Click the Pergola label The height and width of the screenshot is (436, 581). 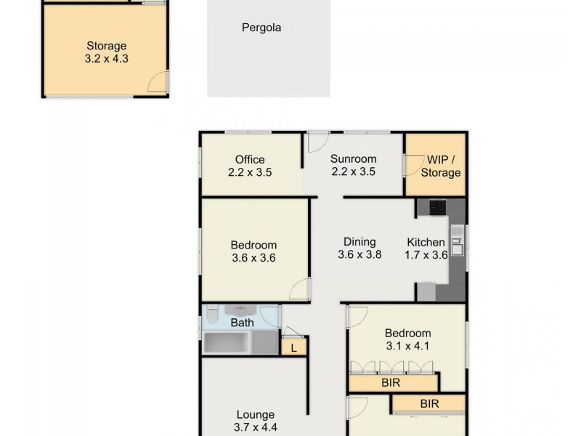coord(261,28)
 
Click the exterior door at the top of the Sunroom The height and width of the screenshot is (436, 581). coord(318,141)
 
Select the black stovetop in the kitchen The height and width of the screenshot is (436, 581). coord(438,208)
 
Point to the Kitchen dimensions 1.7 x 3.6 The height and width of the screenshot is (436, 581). coord(426,255)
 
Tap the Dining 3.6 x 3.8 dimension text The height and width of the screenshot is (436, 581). coord(359,255)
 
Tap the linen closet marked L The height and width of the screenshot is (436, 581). coord(294,348)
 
